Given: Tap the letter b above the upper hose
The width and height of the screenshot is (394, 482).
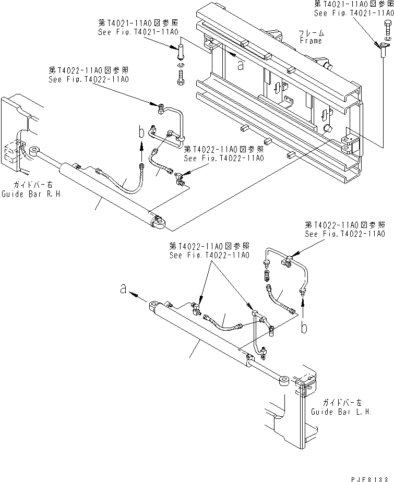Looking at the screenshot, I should point(141,132).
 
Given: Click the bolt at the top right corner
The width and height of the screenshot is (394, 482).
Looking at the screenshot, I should point(385,25).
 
